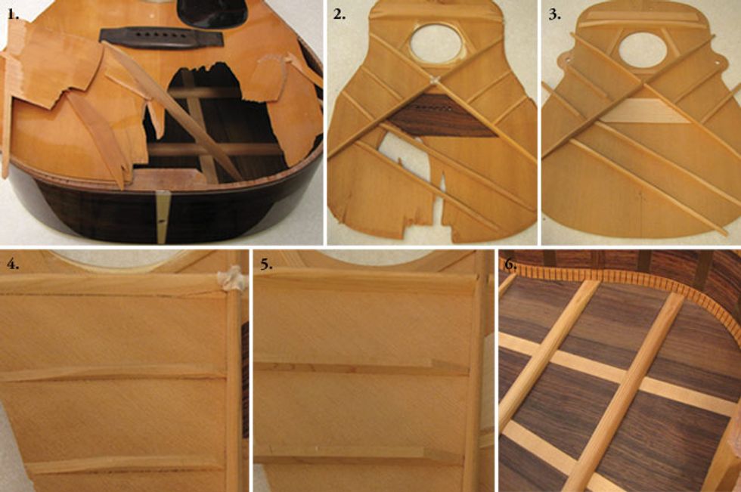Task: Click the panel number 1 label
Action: coord(14,14)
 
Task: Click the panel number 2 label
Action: coord(339,14)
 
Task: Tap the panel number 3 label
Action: coord(554,14)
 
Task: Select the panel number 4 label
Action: coord(13,264)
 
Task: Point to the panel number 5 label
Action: coord(266,264)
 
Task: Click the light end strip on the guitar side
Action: coord(162,217)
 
